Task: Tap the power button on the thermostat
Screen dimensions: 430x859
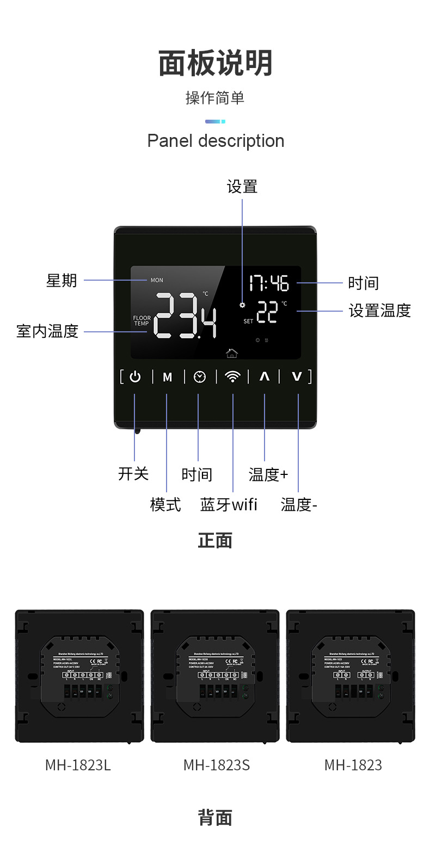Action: [x=135, y=376]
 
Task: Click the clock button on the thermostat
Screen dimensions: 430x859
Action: [x=200, y=376]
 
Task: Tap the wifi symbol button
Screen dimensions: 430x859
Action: [x=232, y=376]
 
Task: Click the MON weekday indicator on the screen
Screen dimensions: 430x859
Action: [x=157, y=280]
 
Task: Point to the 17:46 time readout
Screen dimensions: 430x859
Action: [x=269, y=283]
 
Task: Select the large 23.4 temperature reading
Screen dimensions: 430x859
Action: [x=186, y=316]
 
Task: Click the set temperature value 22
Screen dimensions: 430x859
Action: [x=267, y=313]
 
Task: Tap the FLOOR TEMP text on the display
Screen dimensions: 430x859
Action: [x=142, y=320]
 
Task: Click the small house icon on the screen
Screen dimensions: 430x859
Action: [x=232, y=354]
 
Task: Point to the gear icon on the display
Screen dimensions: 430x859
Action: [x=242, y=305]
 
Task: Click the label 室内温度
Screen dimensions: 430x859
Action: [x=48, y=331]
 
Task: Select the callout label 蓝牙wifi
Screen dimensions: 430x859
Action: [x=229, y=504]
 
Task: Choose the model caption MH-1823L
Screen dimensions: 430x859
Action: [x=78, y=765]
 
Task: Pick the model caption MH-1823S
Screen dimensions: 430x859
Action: [x=217, y=765]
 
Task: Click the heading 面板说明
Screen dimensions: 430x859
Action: [x=215, y=64]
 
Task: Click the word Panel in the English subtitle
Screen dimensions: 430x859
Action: [x=170, y=141]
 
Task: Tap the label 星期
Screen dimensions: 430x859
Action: [x=62, y=281]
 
